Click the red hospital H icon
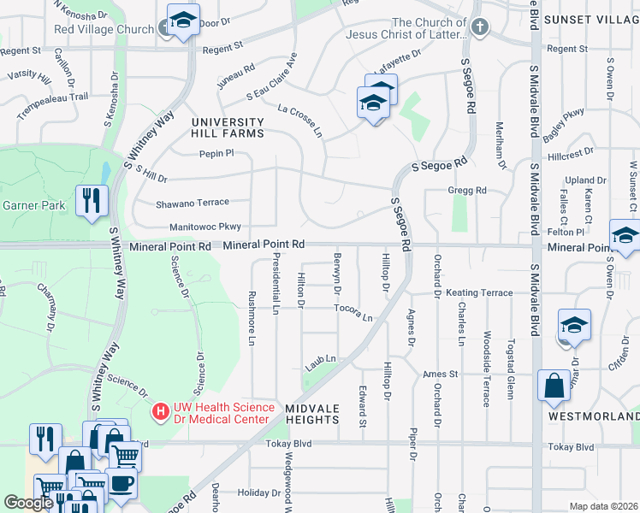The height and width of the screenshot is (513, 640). click(x=160, y=412)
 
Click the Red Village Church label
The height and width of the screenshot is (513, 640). click(x=103, y=28)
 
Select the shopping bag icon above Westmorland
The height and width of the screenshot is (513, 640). click(x=554, y=385)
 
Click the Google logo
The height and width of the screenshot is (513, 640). click(x=28, y=503)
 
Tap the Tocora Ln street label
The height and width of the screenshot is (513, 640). click(x=353, y=312)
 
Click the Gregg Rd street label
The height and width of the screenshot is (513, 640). click(x=466, y=190)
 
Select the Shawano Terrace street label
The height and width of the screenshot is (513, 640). click(x=193, y=203)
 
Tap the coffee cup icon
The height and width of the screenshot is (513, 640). click(x=121, y=482)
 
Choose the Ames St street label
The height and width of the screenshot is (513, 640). click(x=441, y=374)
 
